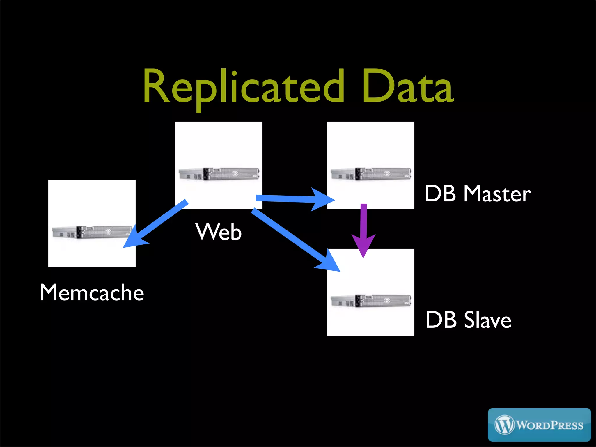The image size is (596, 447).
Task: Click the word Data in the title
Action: [x=407, y=87]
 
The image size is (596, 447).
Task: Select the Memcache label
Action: [x=92, y=292]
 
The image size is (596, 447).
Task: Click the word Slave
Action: [x=487, y=320]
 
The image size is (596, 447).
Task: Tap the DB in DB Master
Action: [x=440, y=194]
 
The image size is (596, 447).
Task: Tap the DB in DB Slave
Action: [x=441, y=320]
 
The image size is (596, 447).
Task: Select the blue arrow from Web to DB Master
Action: [x=291, y=199]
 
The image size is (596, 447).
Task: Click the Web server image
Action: [x=219, y=174]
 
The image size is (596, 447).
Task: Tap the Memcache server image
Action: [x=92, y=232]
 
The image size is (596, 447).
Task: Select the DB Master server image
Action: [x=371, y=174]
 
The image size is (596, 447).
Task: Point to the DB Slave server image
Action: [x=371, y=301]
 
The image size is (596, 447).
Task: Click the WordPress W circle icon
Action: [x=504, y=425]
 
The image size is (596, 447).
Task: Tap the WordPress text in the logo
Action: [x=550, y=425]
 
